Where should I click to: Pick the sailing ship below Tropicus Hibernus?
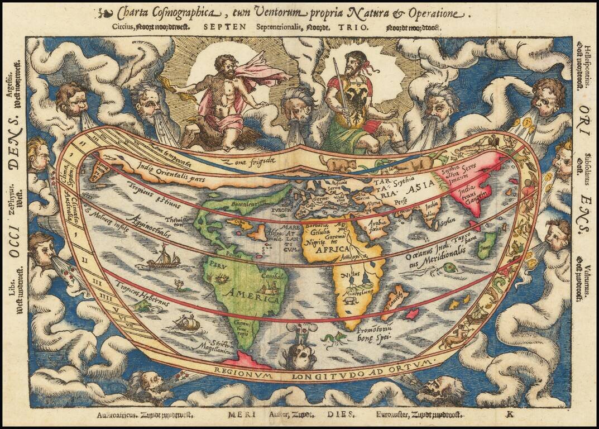point(187,323)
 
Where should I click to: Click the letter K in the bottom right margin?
point(509,414)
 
